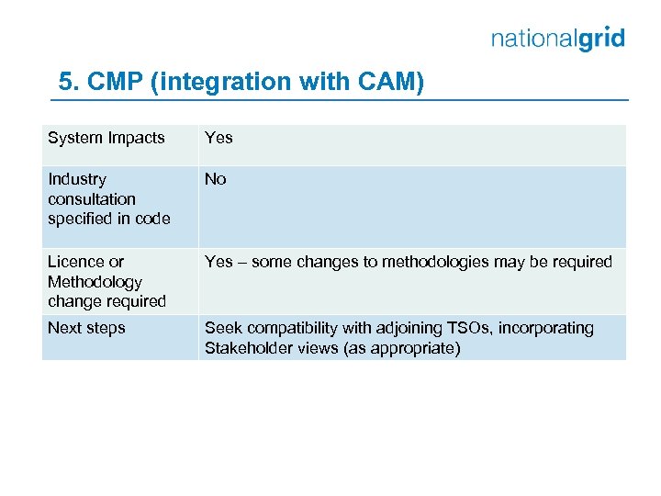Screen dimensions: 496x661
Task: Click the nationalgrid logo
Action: pyautogui.click(x=557, y=39)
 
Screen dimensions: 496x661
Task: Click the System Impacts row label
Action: pyautogui.click(x=106, y=138)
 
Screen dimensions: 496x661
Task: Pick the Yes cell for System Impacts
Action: pyautogui.click(x=218, y=138)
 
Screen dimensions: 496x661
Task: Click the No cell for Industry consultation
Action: pyautogui.click(x=215, y=179)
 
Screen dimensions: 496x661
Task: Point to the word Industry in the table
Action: pyautogui.click(x=76, y=179)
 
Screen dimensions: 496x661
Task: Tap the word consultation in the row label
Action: pyautogui.click(x=91, y=198)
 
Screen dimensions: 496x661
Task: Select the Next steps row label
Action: pyautogui.click(x=86, y=328)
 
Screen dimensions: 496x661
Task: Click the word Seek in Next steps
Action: pyautogui.click(x=222, y=328)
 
